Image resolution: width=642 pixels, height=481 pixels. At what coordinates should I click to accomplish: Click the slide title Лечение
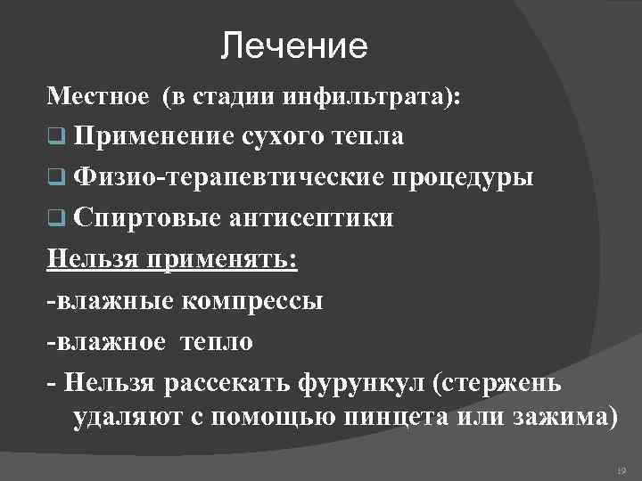click(x=294, y=46)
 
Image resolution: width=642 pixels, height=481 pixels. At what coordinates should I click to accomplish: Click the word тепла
click(x=367, y=136)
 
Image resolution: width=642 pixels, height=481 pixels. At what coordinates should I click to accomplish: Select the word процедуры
click(x=460, y=177)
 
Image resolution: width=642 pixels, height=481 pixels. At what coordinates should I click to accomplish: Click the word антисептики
click(x=311, y=218)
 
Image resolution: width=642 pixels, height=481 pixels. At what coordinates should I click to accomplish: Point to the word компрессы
click(x=254, y=301)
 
